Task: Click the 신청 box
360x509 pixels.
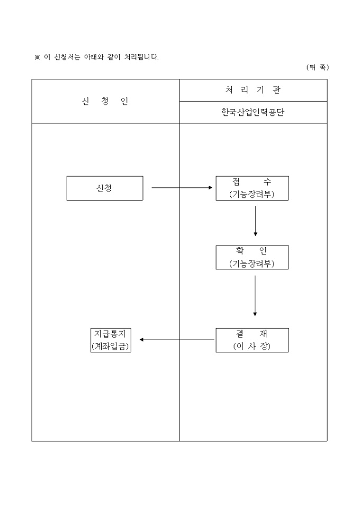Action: tap(104, 188)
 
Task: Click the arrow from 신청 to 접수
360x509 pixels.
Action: tap(182, 188)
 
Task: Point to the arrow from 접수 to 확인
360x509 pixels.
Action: tap(256, 221)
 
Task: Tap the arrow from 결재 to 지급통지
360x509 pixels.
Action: tap(177, 340)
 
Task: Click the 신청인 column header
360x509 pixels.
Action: tap(105, 102)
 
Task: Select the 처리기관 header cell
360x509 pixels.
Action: tap(253, 90)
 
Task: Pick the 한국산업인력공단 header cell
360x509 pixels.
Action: tap(253, 113)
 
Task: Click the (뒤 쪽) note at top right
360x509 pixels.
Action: tap(317, 67)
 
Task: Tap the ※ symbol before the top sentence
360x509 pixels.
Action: tap(37, 57)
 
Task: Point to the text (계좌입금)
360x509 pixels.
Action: tap(111, 347)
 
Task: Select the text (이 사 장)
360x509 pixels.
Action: tap(252, 347)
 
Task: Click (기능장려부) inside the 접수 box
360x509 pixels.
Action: tap(252, 194)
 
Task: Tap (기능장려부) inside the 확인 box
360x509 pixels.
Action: tap(252, 263)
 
